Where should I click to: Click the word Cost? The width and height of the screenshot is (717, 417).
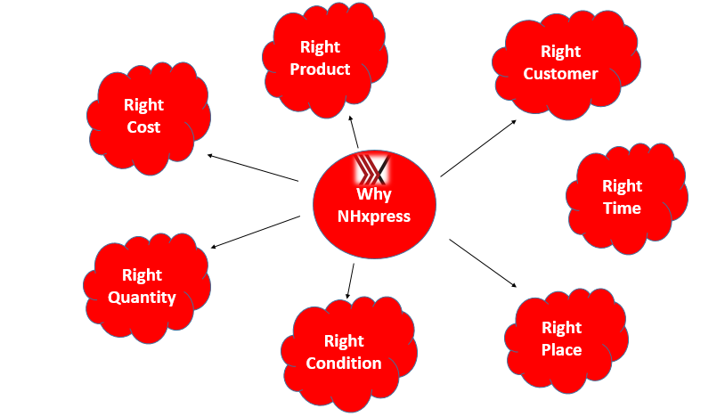click(143, 127)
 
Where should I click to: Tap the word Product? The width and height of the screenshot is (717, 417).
click(320, 69)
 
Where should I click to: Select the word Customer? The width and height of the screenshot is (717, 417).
click(560, 73)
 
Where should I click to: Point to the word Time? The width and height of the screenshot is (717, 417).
click(622, 208)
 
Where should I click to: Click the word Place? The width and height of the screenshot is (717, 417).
click(561, 349)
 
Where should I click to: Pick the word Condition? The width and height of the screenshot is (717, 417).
click(344, 363)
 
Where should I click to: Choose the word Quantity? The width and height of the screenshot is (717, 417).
click(143, 297)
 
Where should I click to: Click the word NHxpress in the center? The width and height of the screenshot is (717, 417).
click(373, 216)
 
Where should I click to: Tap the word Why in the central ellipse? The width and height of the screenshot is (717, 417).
click(373, 194)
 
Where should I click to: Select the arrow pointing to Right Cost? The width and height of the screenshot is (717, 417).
click(253, 168)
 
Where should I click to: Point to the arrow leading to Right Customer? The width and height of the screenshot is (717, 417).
click(478, 146)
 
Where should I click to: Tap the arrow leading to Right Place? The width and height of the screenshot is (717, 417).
click(483, 262)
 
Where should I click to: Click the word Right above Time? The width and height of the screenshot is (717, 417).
click(622, 185)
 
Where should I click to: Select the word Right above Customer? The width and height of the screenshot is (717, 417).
click(560, 52)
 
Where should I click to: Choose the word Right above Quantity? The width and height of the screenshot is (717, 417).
click(143, 274)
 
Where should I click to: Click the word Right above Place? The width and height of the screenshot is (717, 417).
click(561, 327)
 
